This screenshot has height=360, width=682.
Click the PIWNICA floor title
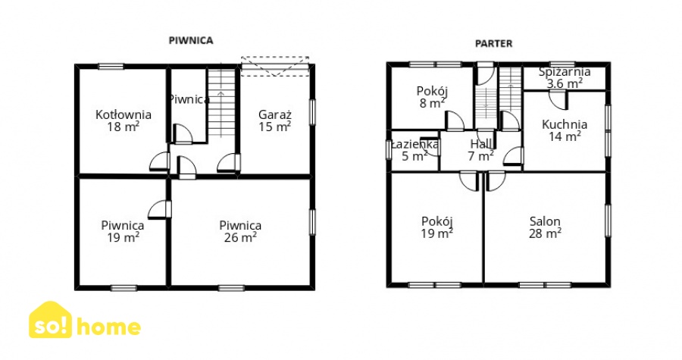(191, 40)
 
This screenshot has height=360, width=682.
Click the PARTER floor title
(493, 43)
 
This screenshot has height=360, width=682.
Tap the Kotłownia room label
(124, 114)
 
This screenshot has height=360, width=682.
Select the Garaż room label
(275, 114)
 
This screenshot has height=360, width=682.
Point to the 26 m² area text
(240, 237)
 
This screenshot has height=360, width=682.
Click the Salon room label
(545, 221)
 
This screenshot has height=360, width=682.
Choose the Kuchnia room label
(565, 124)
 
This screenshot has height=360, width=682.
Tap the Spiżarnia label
(565, 72)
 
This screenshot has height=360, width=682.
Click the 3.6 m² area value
(565, 83)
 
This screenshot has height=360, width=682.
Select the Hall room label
(481, 144)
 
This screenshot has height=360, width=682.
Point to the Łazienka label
(415, 144)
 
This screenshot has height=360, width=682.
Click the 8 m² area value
(432, 103)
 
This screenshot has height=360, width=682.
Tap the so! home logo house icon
(51, 320)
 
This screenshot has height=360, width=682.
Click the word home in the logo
(108, 327)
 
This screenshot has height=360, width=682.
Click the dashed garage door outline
(275, 66)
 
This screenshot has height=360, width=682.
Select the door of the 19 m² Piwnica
(160, 210)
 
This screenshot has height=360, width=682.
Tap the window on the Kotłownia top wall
(111, 67)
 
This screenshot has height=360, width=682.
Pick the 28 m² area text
(545, 233)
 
